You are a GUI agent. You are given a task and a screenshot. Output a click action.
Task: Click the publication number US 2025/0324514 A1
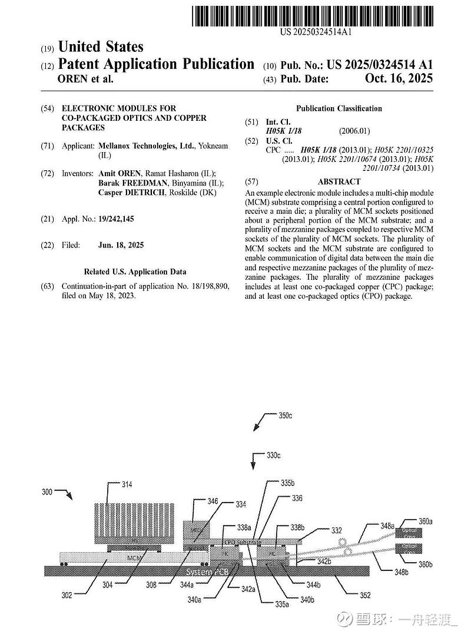pos(380,65)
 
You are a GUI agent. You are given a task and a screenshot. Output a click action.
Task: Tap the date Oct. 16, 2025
pos(399,79)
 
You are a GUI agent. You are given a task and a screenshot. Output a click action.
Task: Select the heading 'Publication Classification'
pos(339,108)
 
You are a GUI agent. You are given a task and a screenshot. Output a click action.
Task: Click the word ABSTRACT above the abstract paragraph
pos(339,182)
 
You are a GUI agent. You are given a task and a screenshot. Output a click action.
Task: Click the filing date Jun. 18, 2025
pos(120,245)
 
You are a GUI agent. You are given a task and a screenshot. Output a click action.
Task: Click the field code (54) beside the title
pos(47,108)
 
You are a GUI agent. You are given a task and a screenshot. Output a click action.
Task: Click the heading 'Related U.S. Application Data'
pos(135,272)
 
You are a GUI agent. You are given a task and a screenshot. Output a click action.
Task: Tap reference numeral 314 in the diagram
pos(127,485)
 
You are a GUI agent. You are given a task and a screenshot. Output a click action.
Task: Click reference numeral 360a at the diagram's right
pos(425,521)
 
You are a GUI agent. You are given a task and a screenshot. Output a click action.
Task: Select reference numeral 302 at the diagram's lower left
pos(67,595)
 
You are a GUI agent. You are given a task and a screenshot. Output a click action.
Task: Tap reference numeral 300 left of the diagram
pos(49,491)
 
